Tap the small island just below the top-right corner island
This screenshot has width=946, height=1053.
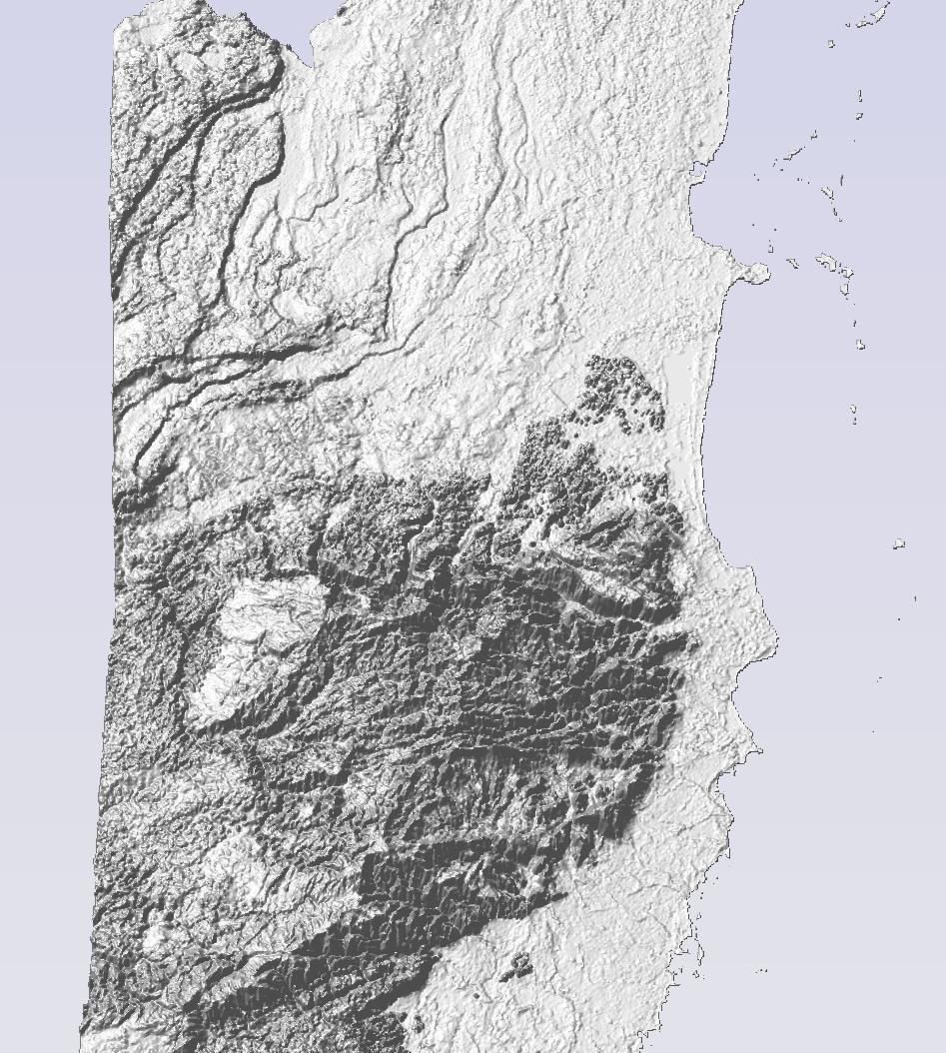(x=831, y=43)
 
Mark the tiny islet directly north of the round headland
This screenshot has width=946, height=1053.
(x=771, y=246)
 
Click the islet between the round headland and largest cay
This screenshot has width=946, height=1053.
(x=792, y=263)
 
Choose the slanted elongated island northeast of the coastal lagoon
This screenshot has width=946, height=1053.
(x=793, y=154)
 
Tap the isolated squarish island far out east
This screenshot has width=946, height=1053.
(x=899, y=544)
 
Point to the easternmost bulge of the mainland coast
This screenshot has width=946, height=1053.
(x=769, y=639)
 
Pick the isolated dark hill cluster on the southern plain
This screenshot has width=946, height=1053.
(x=517, y=965)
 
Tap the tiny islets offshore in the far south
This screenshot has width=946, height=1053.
(x=762, y=969)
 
